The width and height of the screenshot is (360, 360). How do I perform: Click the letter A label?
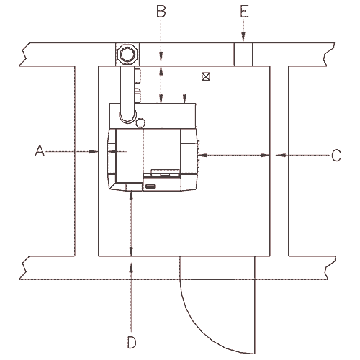40,150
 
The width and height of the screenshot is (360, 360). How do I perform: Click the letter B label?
161,11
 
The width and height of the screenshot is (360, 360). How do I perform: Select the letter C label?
336,155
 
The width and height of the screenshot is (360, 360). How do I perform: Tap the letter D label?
132,342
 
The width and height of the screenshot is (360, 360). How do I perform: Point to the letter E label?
244,12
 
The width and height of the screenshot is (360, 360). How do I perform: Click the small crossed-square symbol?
206,76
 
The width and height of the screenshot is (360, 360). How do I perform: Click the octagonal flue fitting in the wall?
127,54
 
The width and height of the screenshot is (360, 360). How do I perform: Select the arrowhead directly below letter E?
243,37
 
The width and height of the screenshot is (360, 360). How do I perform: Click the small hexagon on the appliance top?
140,122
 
